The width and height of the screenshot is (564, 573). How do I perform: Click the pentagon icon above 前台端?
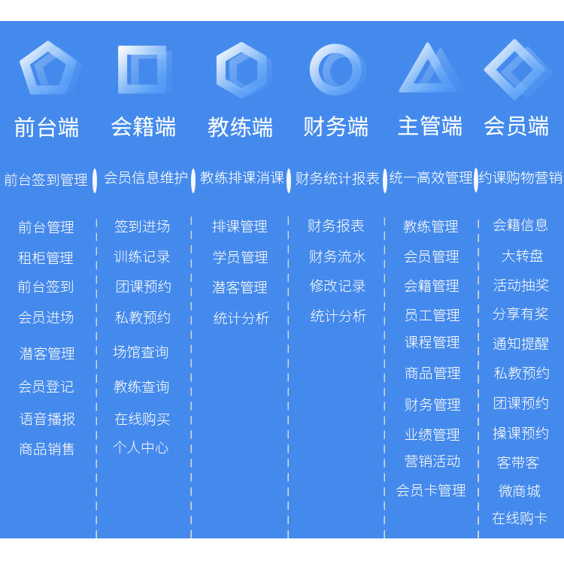click(48, 68)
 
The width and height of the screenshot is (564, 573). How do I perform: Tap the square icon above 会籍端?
click(143, 70)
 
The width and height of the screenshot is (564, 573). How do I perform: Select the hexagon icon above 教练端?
click(241, 70)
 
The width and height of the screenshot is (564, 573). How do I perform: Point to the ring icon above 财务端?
click(335, 70)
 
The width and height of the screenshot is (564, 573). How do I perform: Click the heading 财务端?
click(335, 126)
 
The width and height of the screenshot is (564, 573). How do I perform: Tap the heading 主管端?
click(430, 126)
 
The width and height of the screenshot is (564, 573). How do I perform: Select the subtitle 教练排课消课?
click(242, 178)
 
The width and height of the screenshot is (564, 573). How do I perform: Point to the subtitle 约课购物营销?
click(520, 178)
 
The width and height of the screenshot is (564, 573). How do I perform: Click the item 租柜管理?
click(46, 258)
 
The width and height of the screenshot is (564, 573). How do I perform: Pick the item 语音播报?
click(47, 419)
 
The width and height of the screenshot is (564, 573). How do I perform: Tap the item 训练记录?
click(142, 256)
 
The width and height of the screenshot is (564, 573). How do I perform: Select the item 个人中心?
click(141, 447)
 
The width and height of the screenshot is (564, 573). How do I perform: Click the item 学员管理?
click(240, 257)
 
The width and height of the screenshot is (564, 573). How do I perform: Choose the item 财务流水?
click(337, 256)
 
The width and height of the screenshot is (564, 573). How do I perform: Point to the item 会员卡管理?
click(431, 490)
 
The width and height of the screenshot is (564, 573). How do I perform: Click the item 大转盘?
click(522, 256)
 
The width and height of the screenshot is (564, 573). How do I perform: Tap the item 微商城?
click(520, 491)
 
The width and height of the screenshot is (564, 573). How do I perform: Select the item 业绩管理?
click(432, 435)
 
